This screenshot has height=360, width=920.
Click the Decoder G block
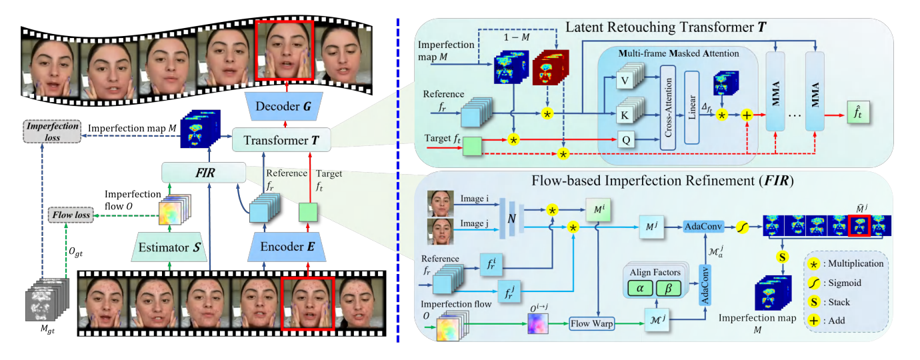coord(283,106)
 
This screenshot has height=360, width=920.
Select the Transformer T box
coord(281,140)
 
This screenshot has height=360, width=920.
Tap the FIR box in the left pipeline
coord(204,173)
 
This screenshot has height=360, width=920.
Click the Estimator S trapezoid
coord(169,247)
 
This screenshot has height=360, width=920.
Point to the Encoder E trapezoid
coord(287,247)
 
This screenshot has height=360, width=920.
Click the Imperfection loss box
coord(52,131)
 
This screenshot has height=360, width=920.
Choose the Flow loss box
coord(71,215)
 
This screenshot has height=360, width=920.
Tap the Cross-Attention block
coord(668,107)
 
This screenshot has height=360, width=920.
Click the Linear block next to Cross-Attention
coord(692,107)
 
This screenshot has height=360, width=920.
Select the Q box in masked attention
coord(626,140)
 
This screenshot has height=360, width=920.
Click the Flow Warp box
coord(592,323)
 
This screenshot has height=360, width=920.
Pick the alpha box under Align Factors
coord(640,288)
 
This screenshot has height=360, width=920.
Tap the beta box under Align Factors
coord(668,288)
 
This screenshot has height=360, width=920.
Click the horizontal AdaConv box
coord(703,226)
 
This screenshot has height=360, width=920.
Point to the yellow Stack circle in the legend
coord(813,302)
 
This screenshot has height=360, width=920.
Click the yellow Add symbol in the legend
coord(813,321)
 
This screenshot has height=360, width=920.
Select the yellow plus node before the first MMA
coord(747,115)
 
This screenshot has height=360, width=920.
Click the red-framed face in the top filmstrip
coord(285,50)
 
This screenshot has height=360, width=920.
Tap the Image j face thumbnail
coord(440,231)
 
